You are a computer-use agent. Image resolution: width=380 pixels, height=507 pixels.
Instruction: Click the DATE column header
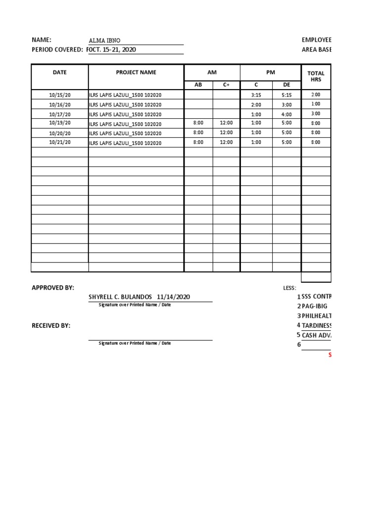tap(59, 72)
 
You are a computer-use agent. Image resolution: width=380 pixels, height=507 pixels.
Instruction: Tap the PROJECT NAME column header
tap(136, 72)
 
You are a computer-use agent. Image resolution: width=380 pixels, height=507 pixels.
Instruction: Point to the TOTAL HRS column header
tap(316, 76)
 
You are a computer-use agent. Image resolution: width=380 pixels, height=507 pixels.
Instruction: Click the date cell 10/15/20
tap(60, 95)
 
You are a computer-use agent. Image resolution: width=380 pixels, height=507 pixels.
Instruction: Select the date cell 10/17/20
tap(60, 114)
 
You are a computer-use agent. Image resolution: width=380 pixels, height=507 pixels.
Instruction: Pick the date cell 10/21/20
tap(60, 143)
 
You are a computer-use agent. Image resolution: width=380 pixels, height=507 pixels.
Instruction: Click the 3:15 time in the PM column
tap(256, 95)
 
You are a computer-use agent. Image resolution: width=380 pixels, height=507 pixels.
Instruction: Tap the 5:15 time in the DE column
tap(286, 95)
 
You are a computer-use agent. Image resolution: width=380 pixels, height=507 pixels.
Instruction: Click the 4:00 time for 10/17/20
tap(286, 114)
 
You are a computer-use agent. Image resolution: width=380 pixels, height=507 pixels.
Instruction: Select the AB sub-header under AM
tap(198, 85)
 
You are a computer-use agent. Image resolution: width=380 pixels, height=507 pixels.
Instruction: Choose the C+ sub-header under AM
tap(226, 85)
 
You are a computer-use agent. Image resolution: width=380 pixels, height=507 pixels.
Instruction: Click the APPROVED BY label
tap(53, 288)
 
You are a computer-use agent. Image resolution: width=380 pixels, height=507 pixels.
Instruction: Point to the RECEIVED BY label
tap(51, 326)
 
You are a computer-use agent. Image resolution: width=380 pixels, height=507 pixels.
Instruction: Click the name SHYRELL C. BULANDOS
tap(121, 297)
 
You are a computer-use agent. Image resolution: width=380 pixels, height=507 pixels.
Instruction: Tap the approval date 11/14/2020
tap(173, 297)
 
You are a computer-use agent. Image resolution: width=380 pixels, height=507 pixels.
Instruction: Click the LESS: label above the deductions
tap(289, 288)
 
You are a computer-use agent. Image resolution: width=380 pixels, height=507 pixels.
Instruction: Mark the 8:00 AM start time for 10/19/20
tap(198, 123)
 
